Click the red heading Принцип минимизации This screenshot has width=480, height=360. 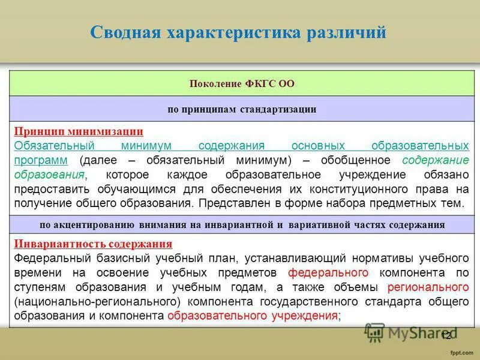point(79,131)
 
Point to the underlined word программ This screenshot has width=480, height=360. point(41,160)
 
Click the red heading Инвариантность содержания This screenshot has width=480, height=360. point(93,244)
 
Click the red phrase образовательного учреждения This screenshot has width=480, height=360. point(253,316)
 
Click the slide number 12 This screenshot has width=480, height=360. point(446,336)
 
